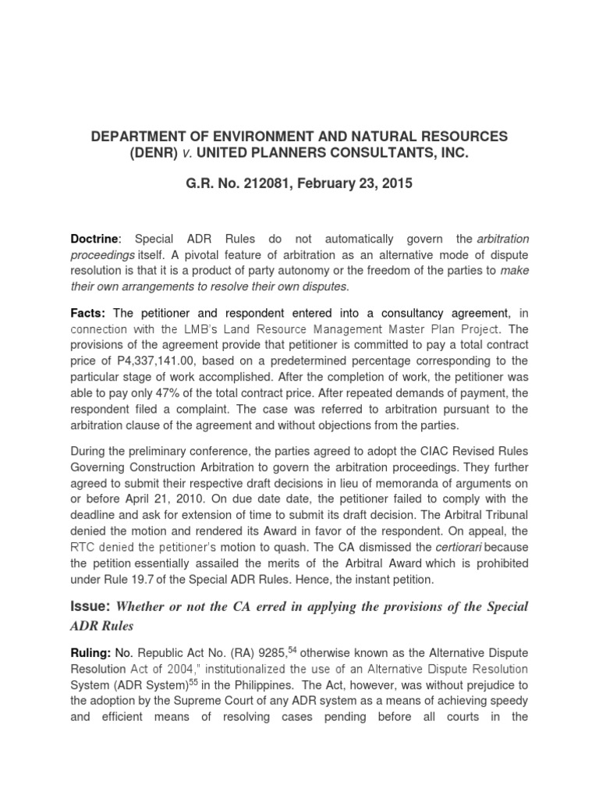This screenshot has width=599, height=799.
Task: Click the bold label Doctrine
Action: click(95, 238)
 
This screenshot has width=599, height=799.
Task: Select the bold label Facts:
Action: click(90, 312)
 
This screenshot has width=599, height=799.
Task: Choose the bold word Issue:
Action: click(91, 606)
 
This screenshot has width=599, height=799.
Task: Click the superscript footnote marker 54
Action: click(292, 650)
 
